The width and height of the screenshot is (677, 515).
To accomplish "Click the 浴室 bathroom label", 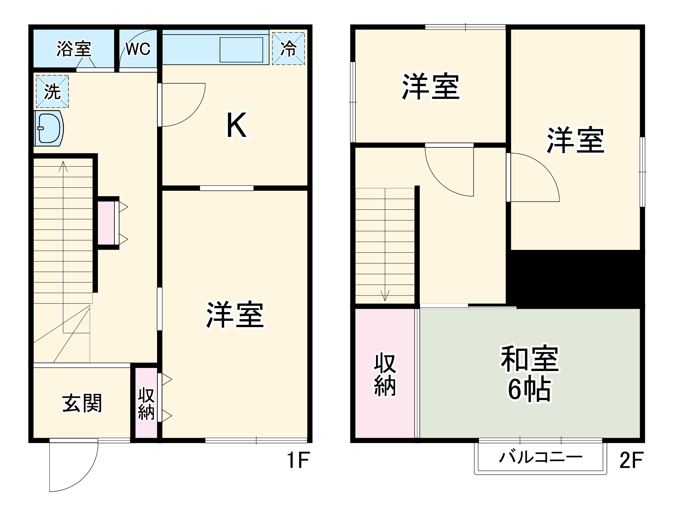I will tap(74, 49).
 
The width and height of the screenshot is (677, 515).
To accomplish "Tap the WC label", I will tap(138, 49).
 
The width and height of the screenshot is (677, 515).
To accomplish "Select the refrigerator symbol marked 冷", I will tap(288, 48).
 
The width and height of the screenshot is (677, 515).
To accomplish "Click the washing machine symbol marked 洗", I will tap(52, 91).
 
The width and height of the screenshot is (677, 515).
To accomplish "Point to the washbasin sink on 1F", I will tap(49, 128).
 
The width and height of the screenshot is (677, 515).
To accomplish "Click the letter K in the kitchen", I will tap(236, 125).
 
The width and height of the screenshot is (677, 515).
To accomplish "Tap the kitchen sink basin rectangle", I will tap(241, 50).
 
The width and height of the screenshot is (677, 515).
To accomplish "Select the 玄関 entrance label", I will tap(82, 403).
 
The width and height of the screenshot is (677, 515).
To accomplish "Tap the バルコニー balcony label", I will tap(541, 457).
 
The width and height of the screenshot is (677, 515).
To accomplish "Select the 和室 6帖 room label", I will tap(530, 373).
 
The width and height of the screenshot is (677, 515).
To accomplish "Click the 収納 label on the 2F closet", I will tap(385, 374).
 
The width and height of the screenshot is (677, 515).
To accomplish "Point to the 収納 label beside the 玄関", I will tap(146, 404).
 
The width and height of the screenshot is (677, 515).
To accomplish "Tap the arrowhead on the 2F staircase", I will tap(385, 296).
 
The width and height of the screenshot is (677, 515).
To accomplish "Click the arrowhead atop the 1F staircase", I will tap(63, 166).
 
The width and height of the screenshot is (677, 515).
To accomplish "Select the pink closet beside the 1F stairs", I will tap(106, 223).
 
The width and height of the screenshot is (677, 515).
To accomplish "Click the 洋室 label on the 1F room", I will tap(235, 314).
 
